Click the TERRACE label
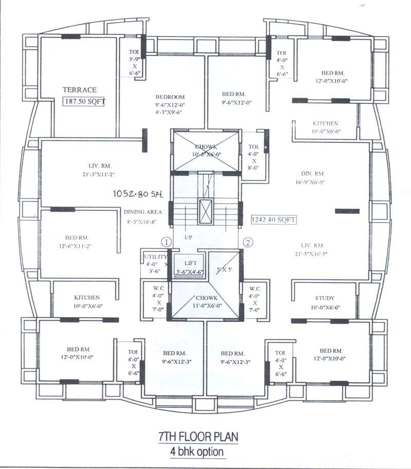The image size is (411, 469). pyautogui.click(x=80, y=89)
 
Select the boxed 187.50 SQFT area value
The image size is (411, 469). pyautogui.click(x=84, y=101)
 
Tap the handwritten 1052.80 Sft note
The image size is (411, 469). pyautogui.click(x=137, y=193)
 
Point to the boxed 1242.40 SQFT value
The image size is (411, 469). pyautogui.click(x=274, y=220)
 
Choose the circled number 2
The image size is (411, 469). pyautogui.click(x=248, y=242)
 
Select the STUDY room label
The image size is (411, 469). pyautogui.click(x=325, y=298)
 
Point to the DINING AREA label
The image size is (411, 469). pyautogui.click(x=143, y=212)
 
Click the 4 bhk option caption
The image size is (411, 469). pyautogui.click(x=198, y=452)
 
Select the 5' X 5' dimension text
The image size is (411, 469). pyautogui.click(x=225, y=269)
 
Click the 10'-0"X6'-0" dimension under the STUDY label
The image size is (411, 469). pyautogui.click(x=325, y=308)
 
